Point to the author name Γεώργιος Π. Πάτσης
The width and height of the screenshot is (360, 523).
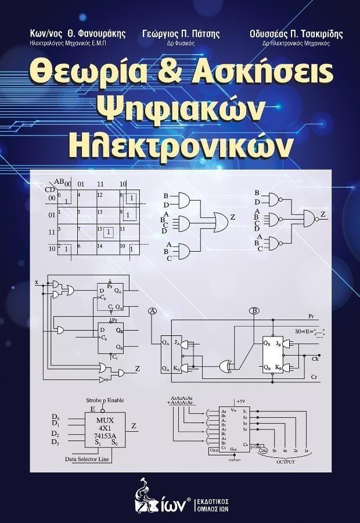(181, 34)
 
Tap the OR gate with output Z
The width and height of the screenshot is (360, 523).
(221, 220)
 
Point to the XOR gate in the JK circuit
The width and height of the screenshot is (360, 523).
(225, 366)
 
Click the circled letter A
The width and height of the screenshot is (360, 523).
(153, 311)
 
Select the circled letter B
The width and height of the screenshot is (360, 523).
(254, 311)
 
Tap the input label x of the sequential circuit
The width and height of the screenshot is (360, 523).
(37, 282)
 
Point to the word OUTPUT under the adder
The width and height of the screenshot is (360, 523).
(285, 462)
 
